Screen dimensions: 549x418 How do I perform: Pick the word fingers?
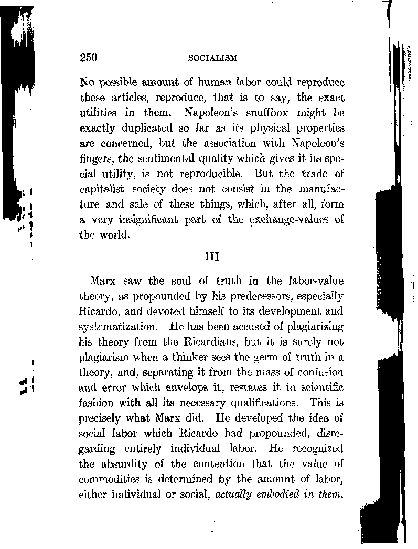pos(94,158)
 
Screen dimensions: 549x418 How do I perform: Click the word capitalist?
pos(101,189)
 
